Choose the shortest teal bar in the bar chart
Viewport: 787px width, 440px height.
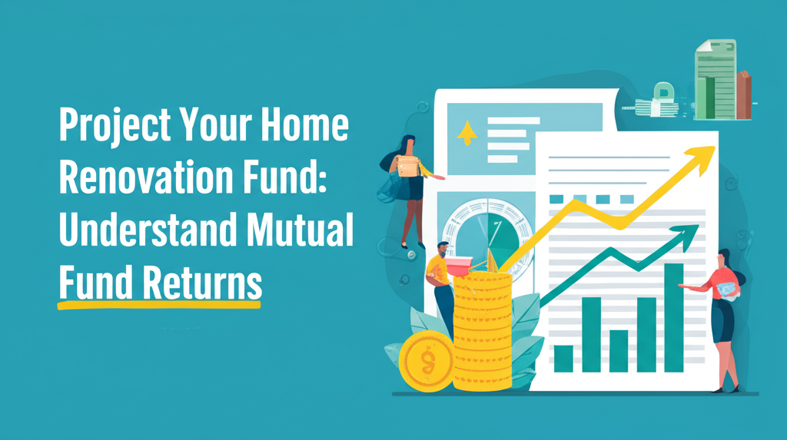[563, 358]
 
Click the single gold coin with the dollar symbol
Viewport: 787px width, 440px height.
[427, 360]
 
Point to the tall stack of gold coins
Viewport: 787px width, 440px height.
[482, 330]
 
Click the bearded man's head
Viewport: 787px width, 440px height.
[443, 250]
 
